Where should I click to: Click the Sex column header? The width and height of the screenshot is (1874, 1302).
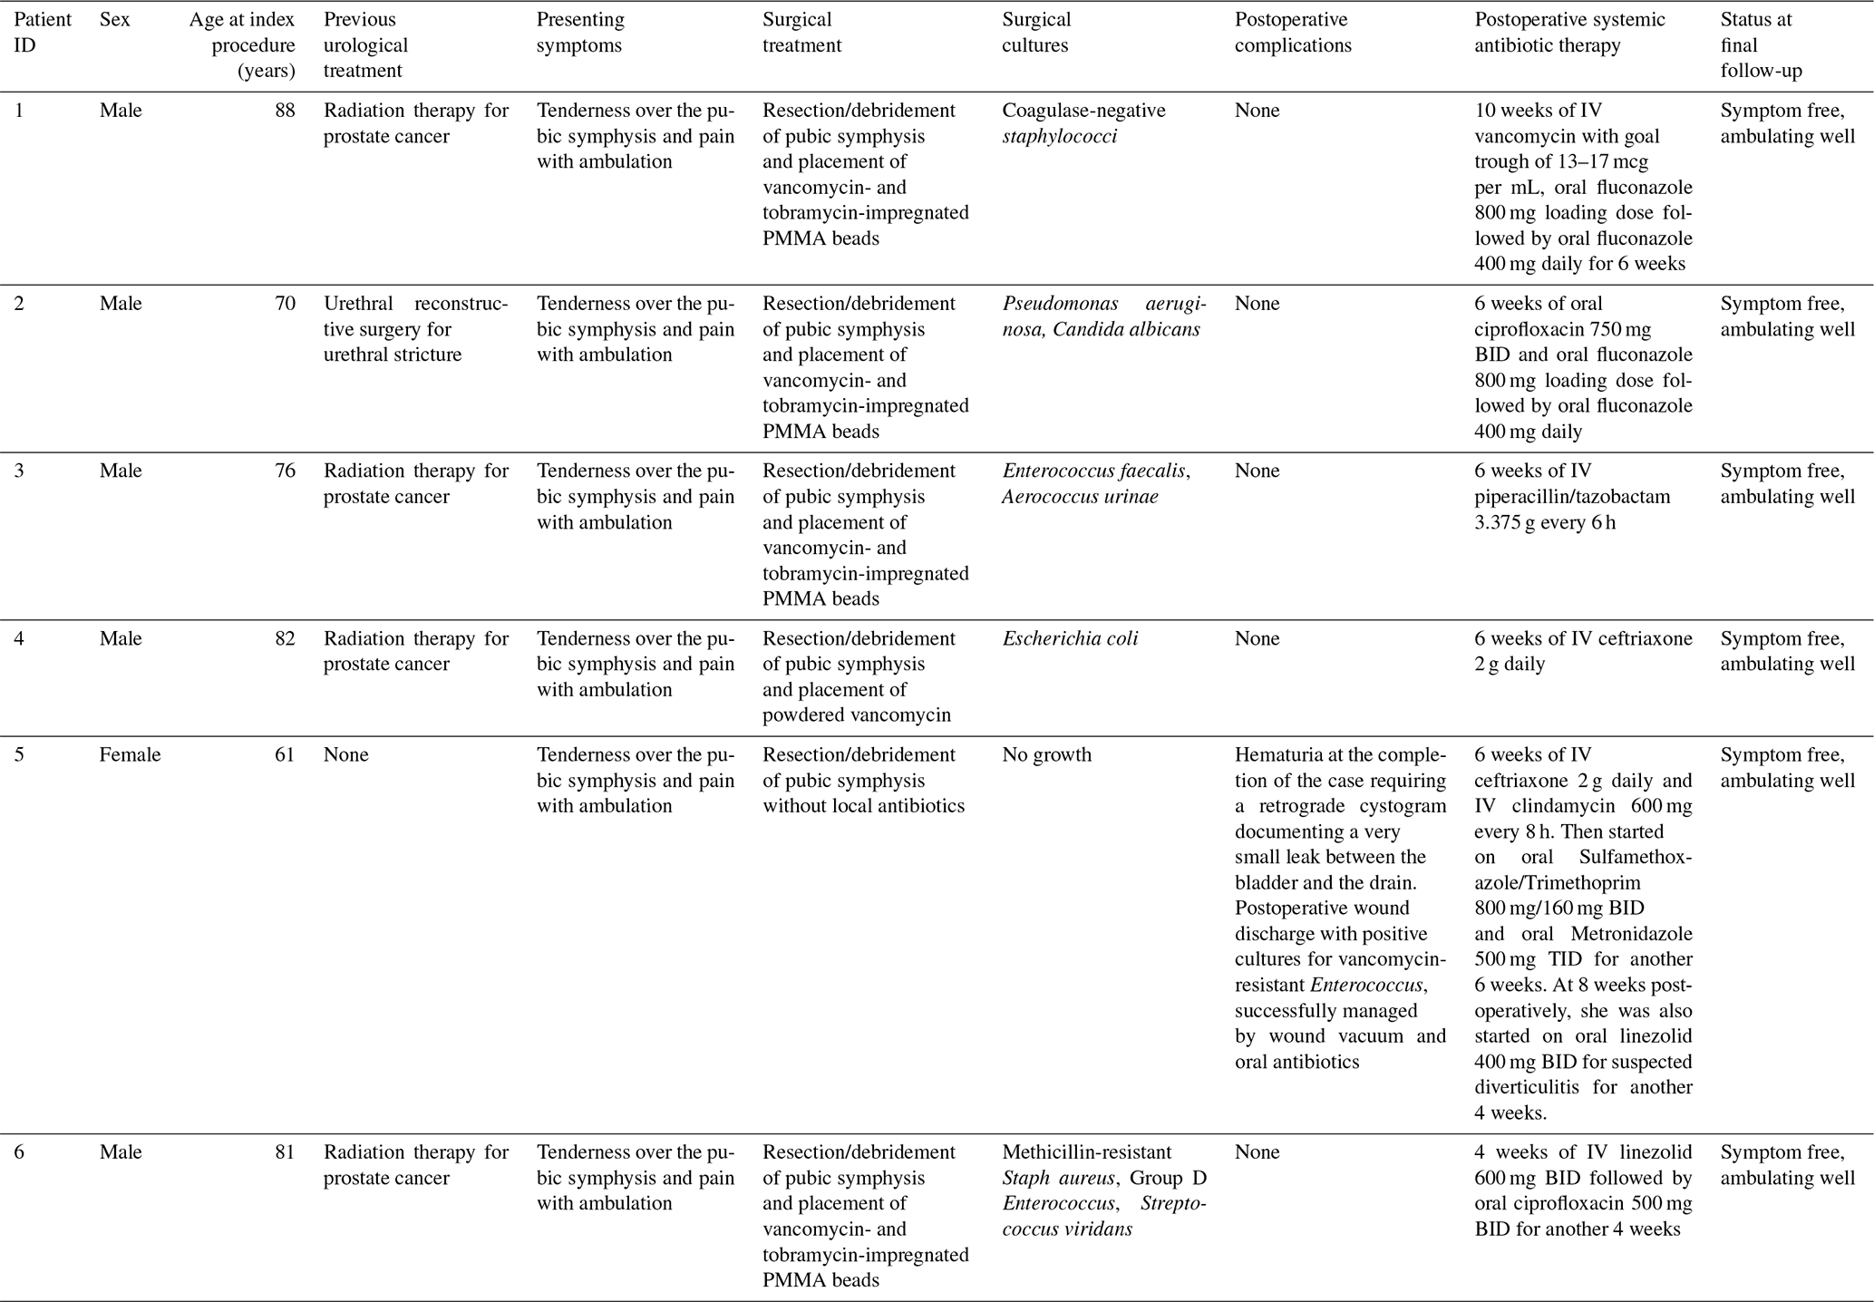[x=114, y=20]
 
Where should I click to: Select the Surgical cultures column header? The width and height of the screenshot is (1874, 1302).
[x=1036, y=33]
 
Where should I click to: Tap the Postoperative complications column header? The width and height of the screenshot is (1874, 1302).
[x=1292, y=33]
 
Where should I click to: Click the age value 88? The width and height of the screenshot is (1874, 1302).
[x=285, y=111]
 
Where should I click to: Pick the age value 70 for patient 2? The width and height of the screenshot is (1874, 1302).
[x=285, y=304]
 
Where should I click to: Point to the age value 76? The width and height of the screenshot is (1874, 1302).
[x=285, y=471]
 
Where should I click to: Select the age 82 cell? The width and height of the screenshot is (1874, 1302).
[x=285, y=639]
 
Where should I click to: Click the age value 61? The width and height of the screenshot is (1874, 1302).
[x=285, y=755]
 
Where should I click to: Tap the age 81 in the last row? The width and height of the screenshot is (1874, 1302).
[x=285, y=1152]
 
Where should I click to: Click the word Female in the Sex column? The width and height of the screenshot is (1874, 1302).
[x=130, y=755]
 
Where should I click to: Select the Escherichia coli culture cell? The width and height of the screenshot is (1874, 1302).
[x=1070, y=639]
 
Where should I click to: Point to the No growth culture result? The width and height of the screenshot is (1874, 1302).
[x=1046, y=755]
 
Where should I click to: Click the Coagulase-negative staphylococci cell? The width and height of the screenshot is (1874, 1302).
[x=1083, y=123]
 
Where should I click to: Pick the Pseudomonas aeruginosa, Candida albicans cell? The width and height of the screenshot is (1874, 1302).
[x=1103, y=316]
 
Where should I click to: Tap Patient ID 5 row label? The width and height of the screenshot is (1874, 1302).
[x=19, y=755]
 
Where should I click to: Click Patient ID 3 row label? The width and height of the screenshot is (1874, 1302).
[x=19, y=471]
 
